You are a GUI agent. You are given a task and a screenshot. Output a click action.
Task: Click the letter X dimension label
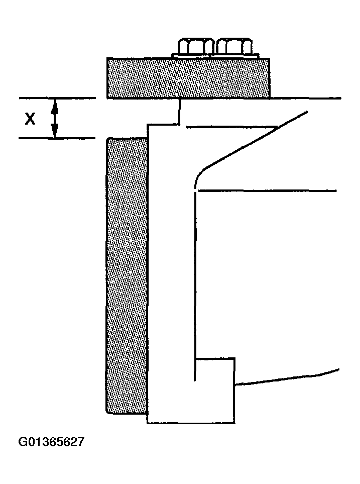(x=31, y=119)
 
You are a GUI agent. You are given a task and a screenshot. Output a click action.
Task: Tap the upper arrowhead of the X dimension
(x=55, y=103)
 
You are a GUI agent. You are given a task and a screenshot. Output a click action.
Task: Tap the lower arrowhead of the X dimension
(x=55, y=133)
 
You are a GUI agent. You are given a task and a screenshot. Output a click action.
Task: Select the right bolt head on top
(x=234, y=46)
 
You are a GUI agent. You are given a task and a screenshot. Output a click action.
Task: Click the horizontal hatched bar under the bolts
(x=188, y=77)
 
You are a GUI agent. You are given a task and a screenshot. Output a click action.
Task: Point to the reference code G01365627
(x=51, y=442)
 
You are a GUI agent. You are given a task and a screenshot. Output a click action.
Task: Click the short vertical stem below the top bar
(x=179, y=111)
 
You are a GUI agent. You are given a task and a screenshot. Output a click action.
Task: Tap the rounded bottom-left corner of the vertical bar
(x=109, y=410)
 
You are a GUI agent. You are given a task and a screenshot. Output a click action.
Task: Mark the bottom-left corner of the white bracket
(x=148, y=423)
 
